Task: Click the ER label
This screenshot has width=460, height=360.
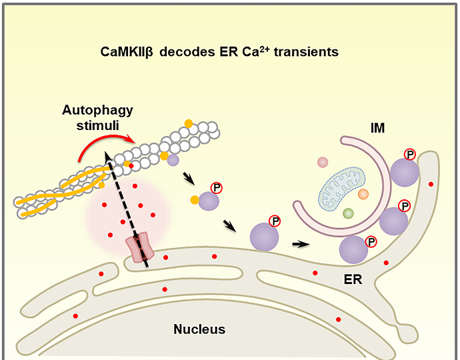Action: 353,280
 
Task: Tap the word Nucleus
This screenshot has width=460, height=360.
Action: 199,329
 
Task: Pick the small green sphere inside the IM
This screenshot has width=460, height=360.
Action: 348,213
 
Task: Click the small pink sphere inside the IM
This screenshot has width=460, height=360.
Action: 323,162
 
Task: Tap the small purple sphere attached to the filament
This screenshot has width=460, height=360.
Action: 173,160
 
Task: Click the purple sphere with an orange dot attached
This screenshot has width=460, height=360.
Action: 209,201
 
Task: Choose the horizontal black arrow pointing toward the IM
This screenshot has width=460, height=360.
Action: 301,244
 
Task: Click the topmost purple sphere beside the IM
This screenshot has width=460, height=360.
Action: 404,173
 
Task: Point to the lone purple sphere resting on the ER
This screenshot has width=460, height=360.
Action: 264,236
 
